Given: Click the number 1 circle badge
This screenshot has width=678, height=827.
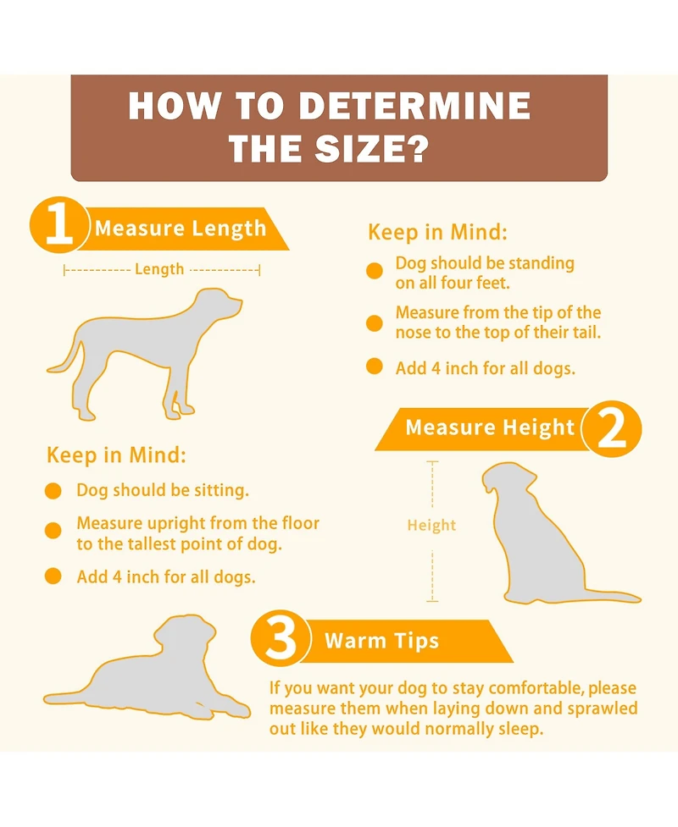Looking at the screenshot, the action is (x=58, y=225).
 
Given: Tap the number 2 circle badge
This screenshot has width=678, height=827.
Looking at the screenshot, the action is (x=613, y=429).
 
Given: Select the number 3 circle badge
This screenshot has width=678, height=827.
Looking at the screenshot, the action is (x=280, y=639).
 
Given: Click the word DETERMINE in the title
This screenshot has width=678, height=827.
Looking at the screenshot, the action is (x=414, y=106).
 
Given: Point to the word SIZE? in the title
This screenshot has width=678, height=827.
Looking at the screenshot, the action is (x=371, y=148).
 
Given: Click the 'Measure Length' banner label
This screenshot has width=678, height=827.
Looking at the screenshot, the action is (x=181, y=229).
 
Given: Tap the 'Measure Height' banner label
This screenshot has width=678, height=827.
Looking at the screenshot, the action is (x=490, y=427).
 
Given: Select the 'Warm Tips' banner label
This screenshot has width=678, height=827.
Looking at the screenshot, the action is (x=381, y=641).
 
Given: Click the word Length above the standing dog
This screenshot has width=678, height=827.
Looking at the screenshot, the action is (x=159, y=269).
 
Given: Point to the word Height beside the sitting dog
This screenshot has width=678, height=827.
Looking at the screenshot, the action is (x=431, y=526).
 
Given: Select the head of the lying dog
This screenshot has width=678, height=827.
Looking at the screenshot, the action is (x=186, y=633).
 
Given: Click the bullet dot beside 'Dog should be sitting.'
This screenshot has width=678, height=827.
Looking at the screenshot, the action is (x=53, y=490).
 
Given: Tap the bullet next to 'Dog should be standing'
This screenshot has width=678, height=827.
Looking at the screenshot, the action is (x=375, y=271).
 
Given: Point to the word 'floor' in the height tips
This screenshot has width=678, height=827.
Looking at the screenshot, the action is (x=301, y=523).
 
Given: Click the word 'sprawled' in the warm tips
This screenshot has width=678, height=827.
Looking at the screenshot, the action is (x=603, y=708).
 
